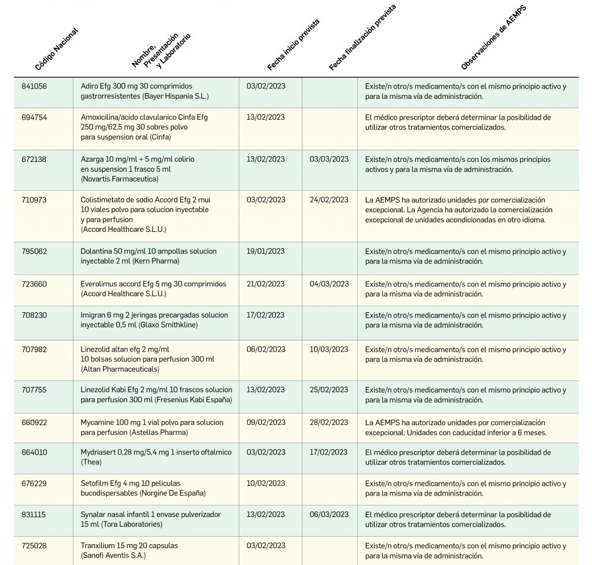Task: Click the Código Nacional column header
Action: point(56,49)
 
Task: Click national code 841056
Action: point(35,86)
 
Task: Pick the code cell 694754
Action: point(35,117)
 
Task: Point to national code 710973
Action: point(35,200)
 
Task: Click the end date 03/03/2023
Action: point(329,159)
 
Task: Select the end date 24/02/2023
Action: point(329,200)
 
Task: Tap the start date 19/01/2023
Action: point(265,252)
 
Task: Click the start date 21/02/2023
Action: point(265,284)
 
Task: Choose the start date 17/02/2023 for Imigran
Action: point(265,315)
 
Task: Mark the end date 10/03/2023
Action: point(329,349)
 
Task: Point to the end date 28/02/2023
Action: point(329,423)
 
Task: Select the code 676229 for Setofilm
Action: point(35,483)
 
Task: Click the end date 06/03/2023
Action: point(329,515)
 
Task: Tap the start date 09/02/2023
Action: point(265,423)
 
